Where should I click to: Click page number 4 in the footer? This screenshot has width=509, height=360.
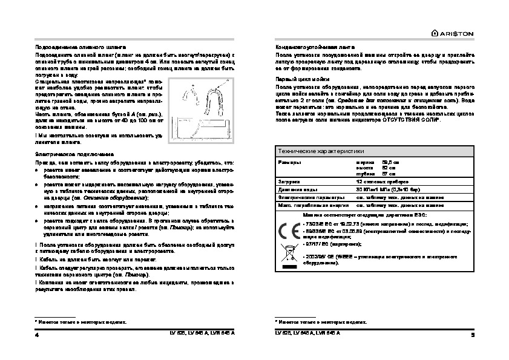(x=37, y=335)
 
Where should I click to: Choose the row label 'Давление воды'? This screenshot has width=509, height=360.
(x=294, y=189)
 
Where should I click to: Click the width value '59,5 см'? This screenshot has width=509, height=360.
(x=391, y=163)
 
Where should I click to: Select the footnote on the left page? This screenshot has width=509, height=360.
(x=81, y=322)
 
